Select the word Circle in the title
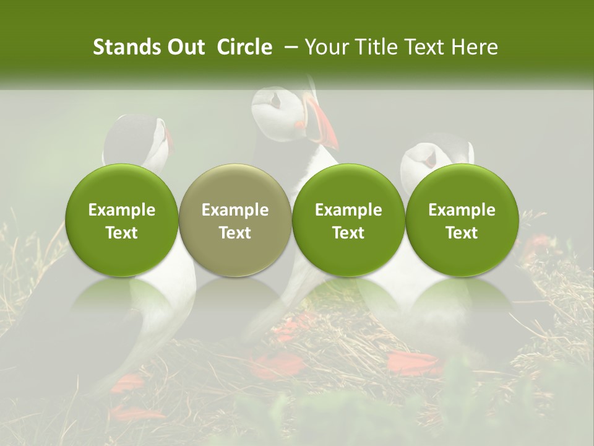(244, 47)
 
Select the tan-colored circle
(235, 220)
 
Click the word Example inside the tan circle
(235, 210)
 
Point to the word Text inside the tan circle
(235, 233)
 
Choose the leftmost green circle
(121, 220)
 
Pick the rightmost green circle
(462, 220)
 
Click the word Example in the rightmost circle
(462, 210)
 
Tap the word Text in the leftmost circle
(121, 233)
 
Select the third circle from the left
(348, 220)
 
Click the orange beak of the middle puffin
(321, 124)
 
